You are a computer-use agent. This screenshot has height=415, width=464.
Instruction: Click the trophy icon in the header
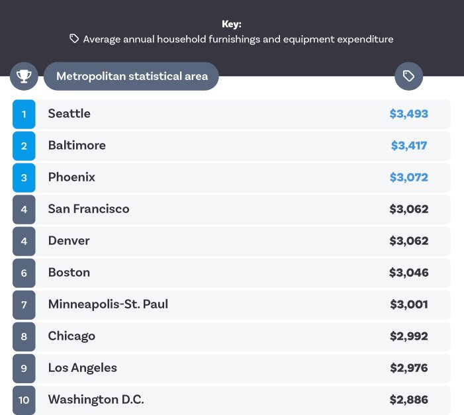[x=24, y=76]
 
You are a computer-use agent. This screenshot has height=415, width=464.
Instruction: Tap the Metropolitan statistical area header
[x=132, y=76]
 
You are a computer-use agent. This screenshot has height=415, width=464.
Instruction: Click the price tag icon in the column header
[x=408, y=76]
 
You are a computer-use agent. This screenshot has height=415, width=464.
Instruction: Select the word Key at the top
[x=232, y=24]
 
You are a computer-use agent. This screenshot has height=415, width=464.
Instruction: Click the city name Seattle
[x=69, y=114]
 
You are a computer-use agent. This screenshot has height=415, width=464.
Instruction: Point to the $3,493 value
[x=408, y=114]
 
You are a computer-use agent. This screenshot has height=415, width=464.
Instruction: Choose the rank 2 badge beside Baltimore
[x=24, y=146]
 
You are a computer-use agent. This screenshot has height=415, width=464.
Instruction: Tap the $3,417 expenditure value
[x=408, y=146]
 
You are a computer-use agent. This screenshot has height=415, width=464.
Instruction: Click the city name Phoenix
[x=71, y=177]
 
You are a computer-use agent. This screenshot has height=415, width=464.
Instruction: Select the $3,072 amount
[x=408, y=177]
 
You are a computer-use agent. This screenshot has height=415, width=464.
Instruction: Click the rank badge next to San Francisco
[x=24, y=209]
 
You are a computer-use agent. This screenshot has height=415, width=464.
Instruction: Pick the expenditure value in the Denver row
[x=408, y=241]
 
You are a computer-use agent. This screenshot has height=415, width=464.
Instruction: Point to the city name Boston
[x=69, y=273]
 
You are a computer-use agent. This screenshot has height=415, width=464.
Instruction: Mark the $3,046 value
[x=408, y=273]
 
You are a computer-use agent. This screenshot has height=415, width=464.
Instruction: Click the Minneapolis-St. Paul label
[x=108, y=304]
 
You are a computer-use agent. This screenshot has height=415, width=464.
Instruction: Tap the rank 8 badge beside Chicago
[x=24, y=336]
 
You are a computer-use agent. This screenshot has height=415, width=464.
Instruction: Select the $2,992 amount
[x=408, y=336]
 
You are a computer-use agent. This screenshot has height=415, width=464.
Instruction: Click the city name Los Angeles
[x=82, y=368]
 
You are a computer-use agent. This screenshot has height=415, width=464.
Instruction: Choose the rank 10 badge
[x=24, y=400]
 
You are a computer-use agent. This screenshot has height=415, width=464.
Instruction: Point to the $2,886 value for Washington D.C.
[x=408, y=400]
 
